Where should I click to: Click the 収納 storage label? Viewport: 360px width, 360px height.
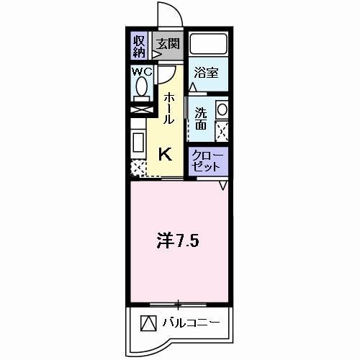coord(139,45)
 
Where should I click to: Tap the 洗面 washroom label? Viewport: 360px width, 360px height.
coord(201,118)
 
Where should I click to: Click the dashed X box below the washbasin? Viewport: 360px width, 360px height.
coord(222,131)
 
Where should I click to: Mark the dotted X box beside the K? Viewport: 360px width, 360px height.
coord(137,168)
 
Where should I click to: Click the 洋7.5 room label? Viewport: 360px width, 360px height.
coord(179,240)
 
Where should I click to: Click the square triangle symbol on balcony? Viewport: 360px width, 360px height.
coord(148,322)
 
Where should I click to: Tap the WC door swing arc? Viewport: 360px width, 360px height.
coord(166,74)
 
